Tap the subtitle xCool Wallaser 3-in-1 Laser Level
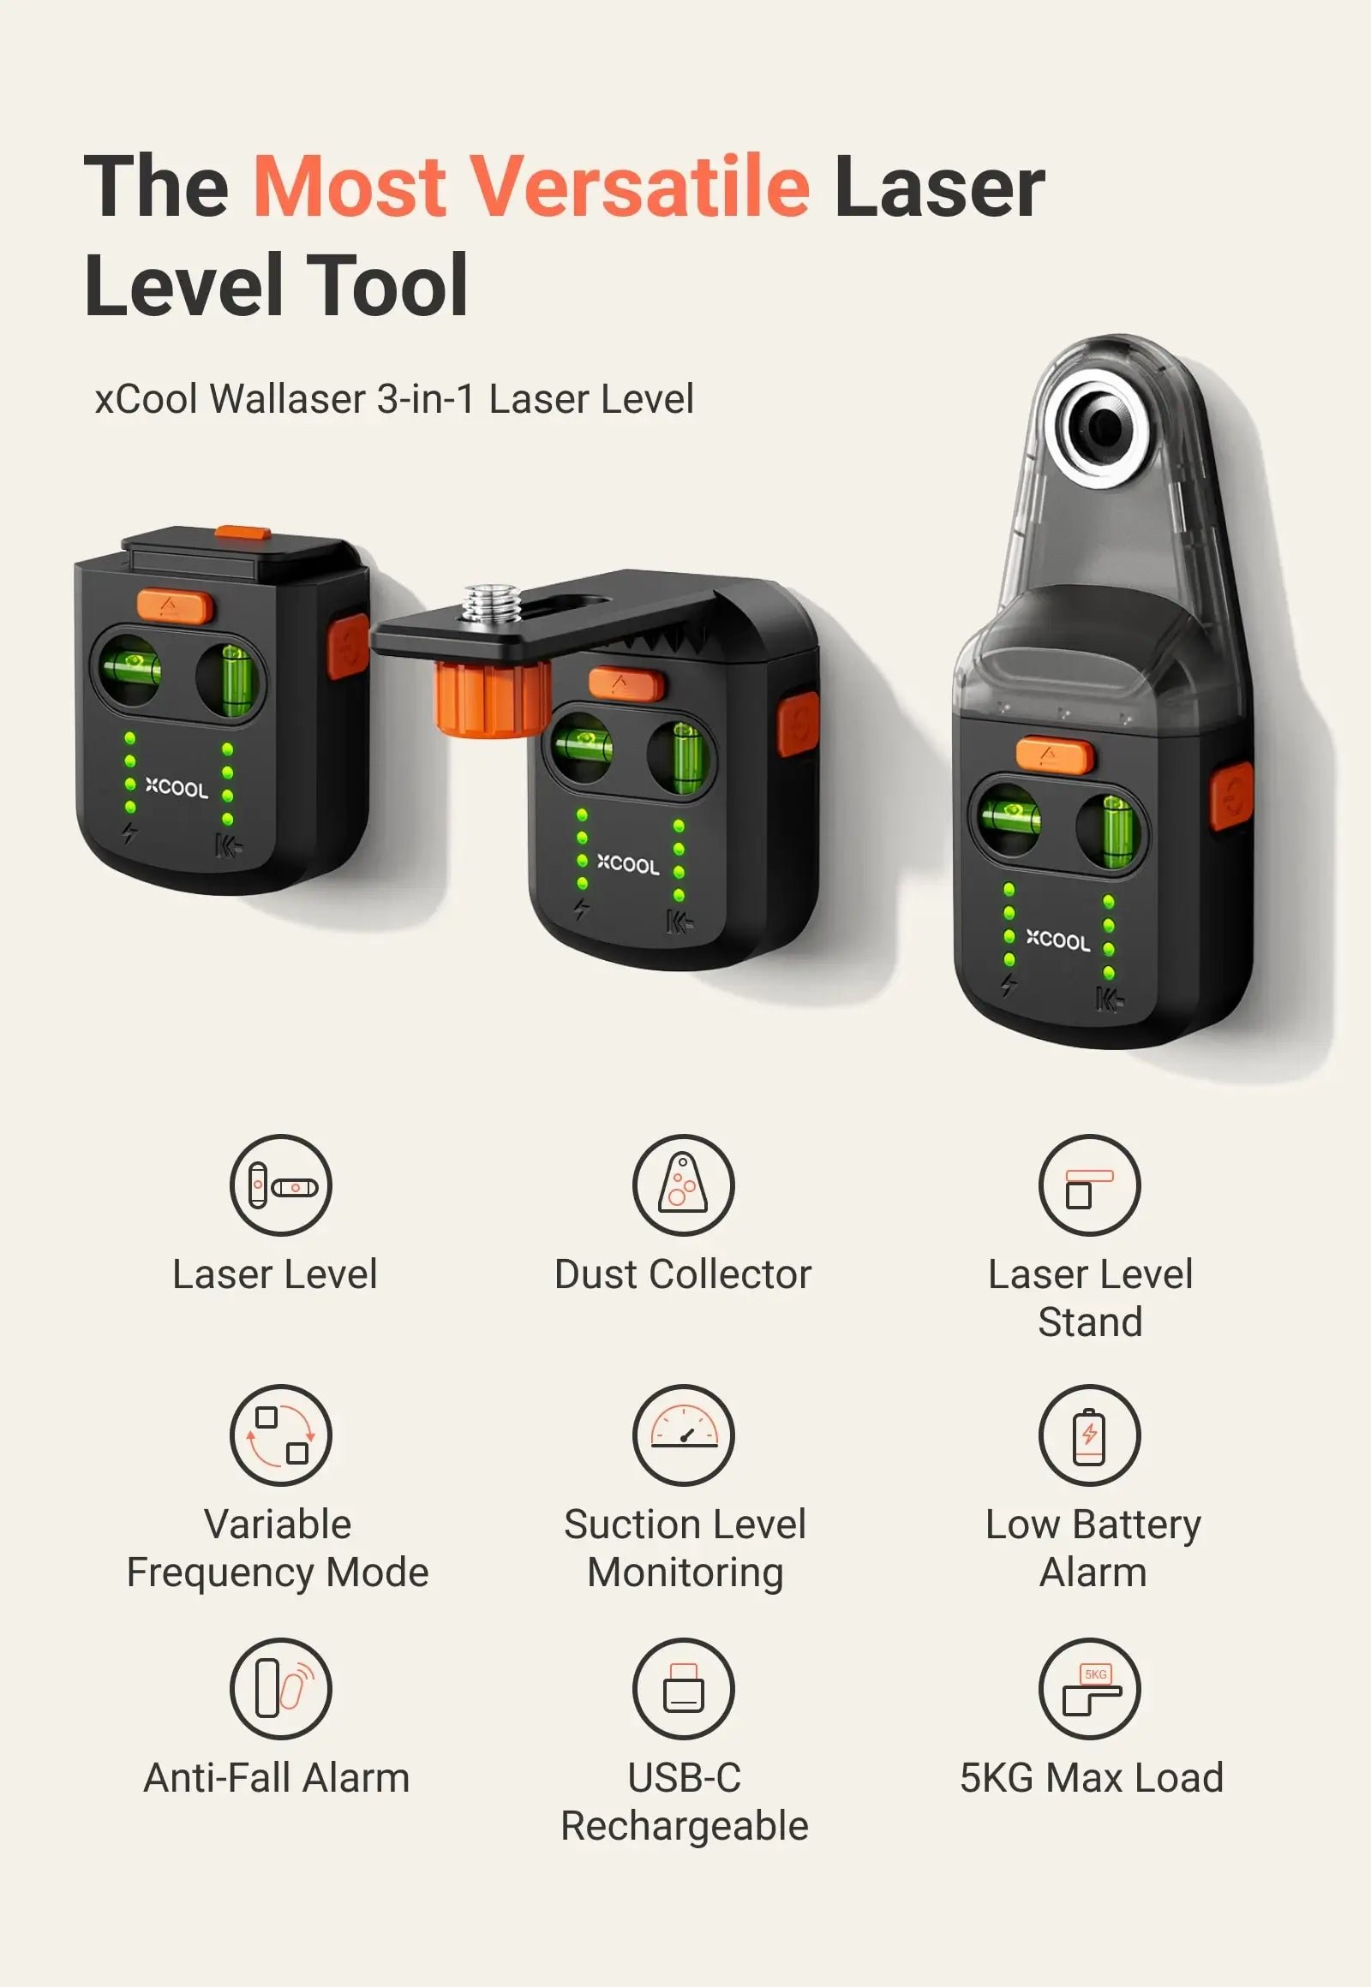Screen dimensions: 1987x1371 click(x=394, y=399)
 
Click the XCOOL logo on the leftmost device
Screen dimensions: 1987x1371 click(x=177, y=787)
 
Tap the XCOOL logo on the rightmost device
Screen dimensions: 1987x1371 click(x=1057, y=940)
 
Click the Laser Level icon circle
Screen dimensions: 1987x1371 click(x=281, y=1185)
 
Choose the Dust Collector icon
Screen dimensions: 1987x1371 click(x=683, y=1185)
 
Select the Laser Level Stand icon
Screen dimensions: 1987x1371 click(x=1089, y=1185)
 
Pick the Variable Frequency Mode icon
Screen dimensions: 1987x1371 click(x=281, y=1435)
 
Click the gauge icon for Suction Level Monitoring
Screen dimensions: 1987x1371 click(x=683, y=1435)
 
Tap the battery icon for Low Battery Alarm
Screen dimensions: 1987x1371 click(x=1089, y=1435)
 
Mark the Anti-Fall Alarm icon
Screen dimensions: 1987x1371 click(x=281, y=1688)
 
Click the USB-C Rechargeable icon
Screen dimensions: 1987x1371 click(x=683, y=1688)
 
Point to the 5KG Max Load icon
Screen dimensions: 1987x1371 click(x=1089, y=1688)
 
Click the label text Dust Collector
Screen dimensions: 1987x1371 click(x=683, y=1274)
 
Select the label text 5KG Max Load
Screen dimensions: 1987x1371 click(x=1091, y=1777)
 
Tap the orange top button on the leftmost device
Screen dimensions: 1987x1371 click(x=175, y=606)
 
